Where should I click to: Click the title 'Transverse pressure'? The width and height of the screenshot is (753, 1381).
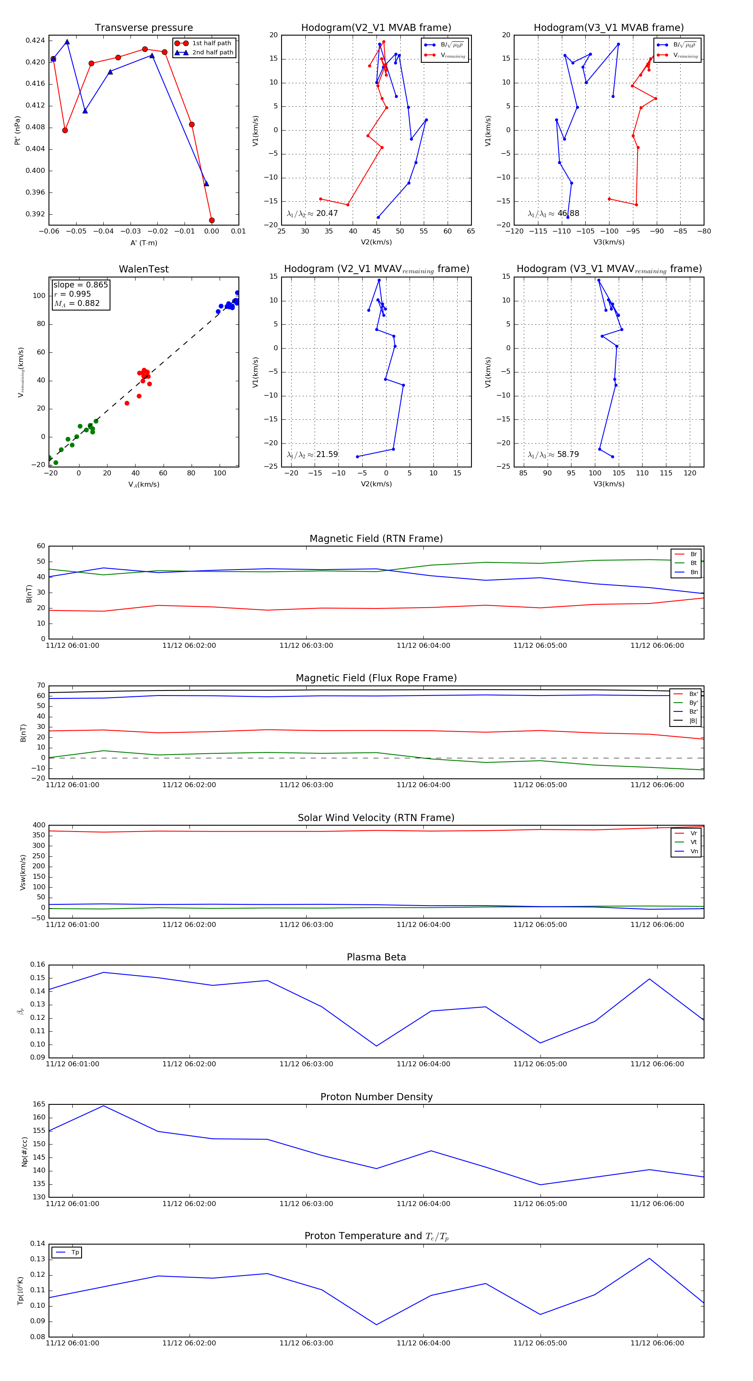tap(143, 28)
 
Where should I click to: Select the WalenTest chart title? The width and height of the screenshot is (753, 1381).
tap(143, 269)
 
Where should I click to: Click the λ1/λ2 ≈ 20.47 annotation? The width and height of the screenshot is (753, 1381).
tap(312, 213)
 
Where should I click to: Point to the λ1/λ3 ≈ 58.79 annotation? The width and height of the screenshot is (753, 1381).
tap(553, 454)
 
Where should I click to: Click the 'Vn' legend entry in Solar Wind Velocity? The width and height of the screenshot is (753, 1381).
tap(694, 851)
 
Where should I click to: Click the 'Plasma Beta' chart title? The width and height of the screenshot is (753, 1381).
tap(376, 957)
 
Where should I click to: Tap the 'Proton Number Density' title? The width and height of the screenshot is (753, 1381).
tap(376, 1097)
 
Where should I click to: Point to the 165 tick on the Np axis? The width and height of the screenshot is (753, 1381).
tap(39, 1104)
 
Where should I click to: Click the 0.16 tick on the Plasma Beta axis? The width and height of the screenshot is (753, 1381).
tap(38, 965)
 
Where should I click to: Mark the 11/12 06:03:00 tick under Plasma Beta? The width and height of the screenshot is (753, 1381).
tap(306, 1064)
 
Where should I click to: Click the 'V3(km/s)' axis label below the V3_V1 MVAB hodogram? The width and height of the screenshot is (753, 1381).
tap(609, 242)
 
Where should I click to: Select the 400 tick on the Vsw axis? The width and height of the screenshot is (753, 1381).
tap(39, 825)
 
